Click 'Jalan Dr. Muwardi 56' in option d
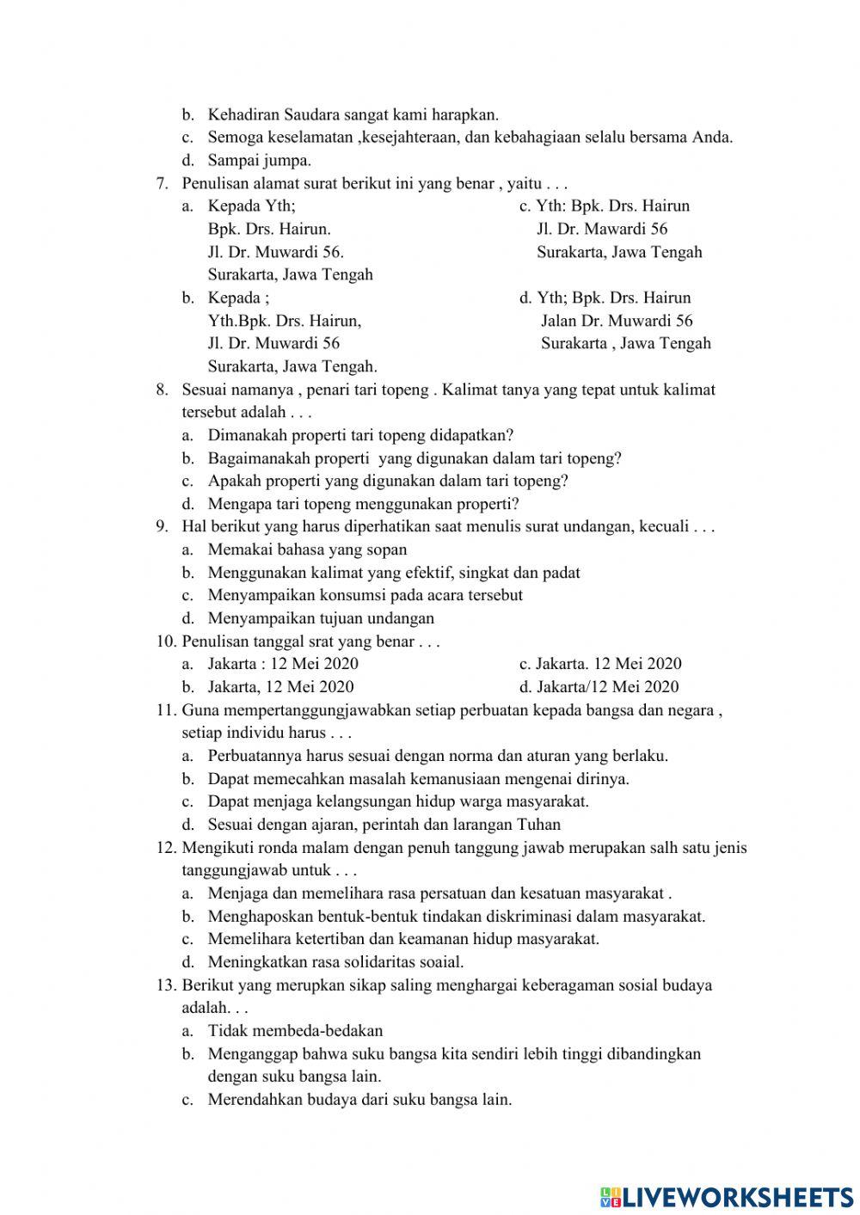tap(617, 321)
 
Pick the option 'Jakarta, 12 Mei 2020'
tap(280, 686)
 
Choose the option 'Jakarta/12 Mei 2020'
tap(607, 686)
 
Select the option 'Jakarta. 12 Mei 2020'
tap(609, 664)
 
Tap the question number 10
tap(166, 641)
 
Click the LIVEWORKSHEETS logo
tap(727, 1196)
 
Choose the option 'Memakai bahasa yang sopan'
tap(307, 549)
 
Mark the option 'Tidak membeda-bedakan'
tap(295, 1030)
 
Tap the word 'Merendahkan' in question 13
tap(251, 1099)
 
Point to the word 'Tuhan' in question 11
tap(538, 825)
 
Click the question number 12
tap(166, 847)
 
